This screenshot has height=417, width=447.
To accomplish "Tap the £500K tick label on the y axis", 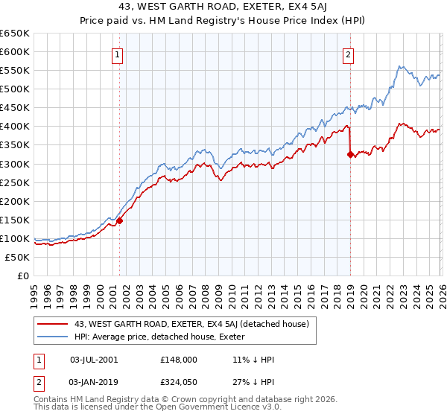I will point(15,89).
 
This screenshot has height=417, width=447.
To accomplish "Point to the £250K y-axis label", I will point(15,182).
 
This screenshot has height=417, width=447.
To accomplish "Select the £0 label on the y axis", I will point(23,276).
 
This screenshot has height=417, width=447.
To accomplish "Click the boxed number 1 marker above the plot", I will point(118,54).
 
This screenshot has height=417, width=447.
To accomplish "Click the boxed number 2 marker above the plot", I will point(348,54).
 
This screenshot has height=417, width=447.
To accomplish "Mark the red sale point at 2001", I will point(119,220).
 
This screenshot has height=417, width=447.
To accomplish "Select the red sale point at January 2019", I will point(350,155).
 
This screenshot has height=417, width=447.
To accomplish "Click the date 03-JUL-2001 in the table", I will point(95,359).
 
